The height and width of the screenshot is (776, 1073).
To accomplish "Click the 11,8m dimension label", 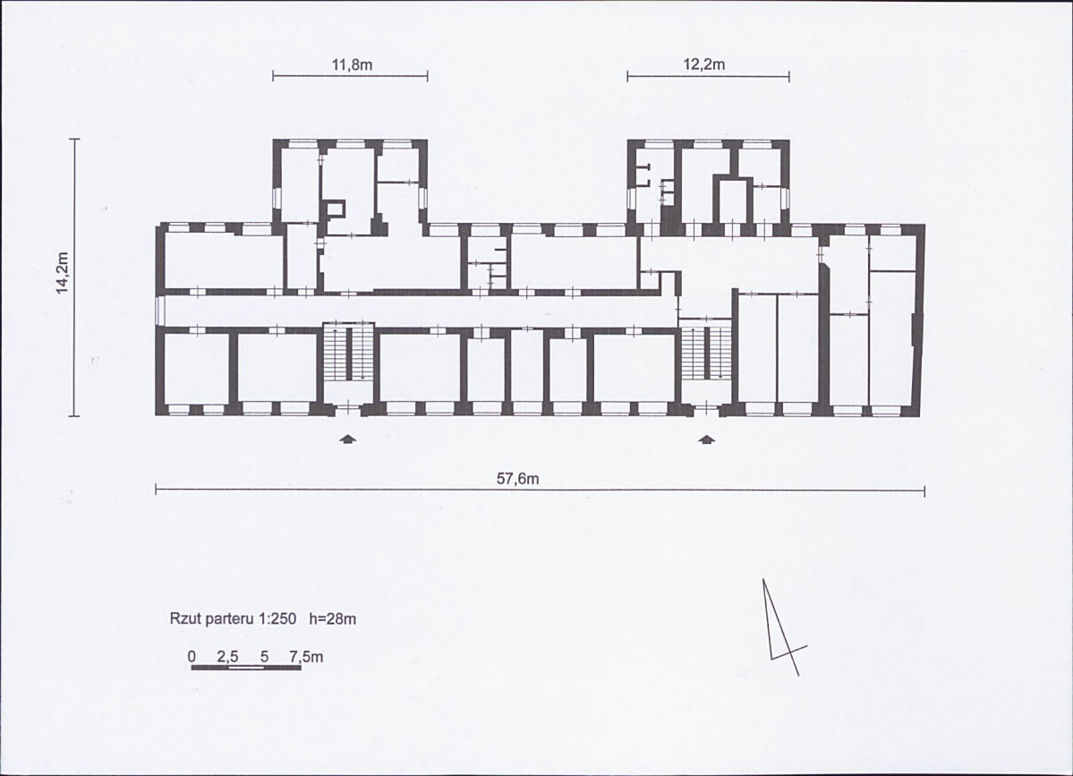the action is [x=352, y=65].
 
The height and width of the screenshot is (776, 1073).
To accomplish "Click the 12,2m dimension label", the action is [x=704, y=64].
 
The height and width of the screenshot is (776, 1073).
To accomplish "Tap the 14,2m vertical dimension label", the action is [x=63, y=273].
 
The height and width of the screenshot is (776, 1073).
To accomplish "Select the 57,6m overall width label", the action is [x=517, y=479].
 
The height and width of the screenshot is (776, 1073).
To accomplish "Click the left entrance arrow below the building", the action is [x=348, y=439].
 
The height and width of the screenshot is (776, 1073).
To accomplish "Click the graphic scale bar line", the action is [x=246, y=667].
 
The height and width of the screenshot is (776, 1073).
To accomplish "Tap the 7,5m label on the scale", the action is [x=306, y=657].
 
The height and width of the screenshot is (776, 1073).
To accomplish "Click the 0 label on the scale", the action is [x=192, y=657].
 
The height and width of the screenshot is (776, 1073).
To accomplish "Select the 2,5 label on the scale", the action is [x=228, y=657].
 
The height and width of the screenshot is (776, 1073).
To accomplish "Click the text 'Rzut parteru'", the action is [x=212, y=619].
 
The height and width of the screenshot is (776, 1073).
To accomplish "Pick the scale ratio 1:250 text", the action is [x=277, y=619].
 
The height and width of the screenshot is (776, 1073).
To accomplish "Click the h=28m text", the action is [x=333, y=619].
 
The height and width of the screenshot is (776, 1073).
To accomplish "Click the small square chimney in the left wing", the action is [x=335, y=209].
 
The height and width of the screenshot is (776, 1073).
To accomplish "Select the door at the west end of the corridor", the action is [x=159, y=311].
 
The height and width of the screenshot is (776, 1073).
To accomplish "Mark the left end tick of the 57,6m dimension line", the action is [x=157, y=490].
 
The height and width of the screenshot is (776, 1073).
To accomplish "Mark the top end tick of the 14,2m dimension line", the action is [x=74, y=139].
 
